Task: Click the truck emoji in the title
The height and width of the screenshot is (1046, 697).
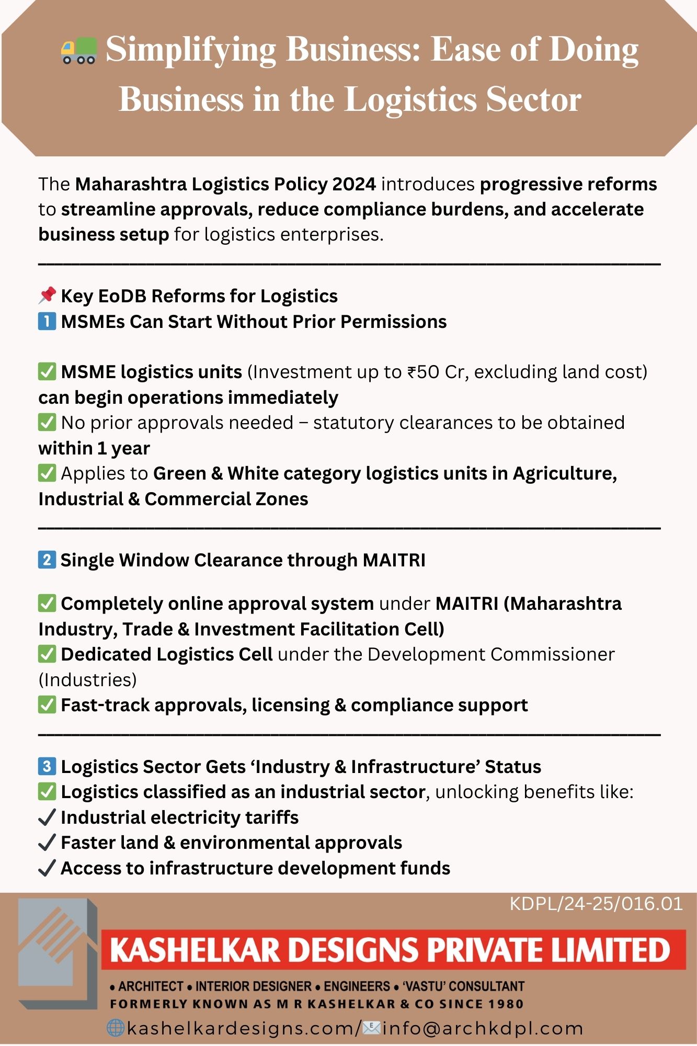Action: (79, 51)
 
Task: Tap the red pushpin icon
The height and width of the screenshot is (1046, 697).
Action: (47, 295)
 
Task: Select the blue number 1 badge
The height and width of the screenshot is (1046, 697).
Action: (47, 321)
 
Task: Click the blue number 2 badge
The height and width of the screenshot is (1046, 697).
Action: (47, 560)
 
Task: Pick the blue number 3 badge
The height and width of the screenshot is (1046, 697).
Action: (47, 766)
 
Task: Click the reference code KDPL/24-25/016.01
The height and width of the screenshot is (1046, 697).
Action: (596, 904)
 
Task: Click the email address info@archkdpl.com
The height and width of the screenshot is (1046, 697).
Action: (483, 1028)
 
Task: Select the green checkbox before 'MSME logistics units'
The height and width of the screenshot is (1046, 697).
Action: (47, 372)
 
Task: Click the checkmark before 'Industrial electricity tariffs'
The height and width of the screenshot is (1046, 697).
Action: (47, 817)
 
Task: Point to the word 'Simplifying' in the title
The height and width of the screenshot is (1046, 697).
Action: (191, 50)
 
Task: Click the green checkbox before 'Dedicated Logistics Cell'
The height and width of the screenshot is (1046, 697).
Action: (47, 654)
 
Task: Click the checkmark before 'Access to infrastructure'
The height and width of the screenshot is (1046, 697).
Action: (47, 868)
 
